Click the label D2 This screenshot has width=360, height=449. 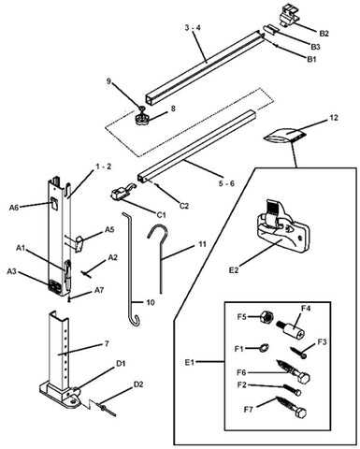click(137, 384)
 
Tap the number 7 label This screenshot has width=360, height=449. click(106, 345)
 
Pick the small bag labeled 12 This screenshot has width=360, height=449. click(284, 136)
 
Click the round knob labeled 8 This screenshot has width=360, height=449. click(142, 120)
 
